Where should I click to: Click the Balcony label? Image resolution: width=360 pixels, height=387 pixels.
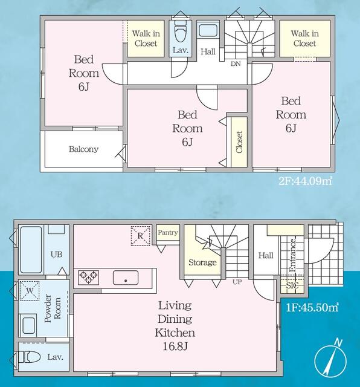point(83,149)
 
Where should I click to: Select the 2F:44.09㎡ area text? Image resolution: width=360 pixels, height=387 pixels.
point(305,181)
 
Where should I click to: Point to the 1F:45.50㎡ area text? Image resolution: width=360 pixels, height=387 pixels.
point(312,308)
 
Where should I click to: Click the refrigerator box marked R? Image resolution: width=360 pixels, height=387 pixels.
point(140,236)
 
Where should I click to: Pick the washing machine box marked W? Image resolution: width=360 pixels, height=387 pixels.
point(30,291)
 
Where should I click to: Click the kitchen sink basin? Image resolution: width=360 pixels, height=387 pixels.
point(126,278)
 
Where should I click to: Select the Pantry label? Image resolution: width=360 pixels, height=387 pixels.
point(168,232)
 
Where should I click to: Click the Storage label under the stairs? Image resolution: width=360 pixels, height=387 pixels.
point(202,262)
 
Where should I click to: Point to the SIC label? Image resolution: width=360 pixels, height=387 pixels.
point(292,285)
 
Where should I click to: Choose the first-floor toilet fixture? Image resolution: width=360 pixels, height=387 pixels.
point(30,357)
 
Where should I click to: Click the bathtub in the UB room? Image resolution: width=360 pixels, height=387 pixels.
point(31,250)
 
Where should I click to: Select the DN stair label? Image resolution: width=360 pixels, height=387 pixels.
point(236,64)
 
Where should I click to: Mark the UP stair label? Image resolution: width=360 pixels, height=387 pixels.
point(237,282)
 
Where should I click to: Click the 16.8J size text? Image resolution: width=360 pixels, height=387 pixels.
point(175,346)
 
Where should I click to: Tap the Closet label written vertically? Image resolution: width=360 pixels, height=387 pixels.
point(239,142)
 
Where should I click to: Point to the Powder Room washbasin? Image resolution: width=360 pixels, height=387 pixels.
point(28,325)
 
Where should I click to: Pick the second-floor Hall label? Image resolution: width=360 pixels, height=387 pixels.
point(208,51)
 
